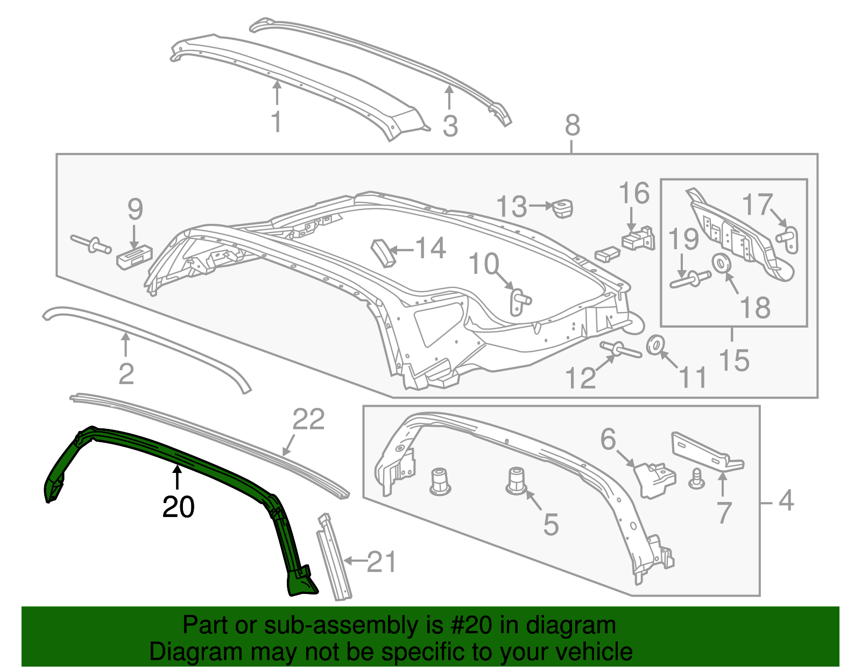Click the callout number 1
pyautogui.click(x=277, y=122)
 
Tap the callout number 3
pyautogui.click(x=450, y=126)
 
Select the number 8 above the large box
pyautogui.click(x=573, y=125)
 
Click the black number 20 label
pyautogui.click(x=179, y=507)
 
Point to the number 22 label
pyautogui.click(x=308, y=419)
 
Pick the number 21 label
pyautogui.click(x=382, y=562)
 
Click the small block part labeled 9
pyautogui.click(x=134, y=257)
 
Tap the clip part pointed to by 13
pyautogui.click(x=563, y=208)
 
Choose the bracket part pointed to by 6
pyautogui.click(x=654, y=478)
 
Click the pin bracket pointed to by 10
pyautogui.click(x=519, y=300)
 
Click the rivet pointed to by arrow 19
pyautogui.click(x=690, y=280)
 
